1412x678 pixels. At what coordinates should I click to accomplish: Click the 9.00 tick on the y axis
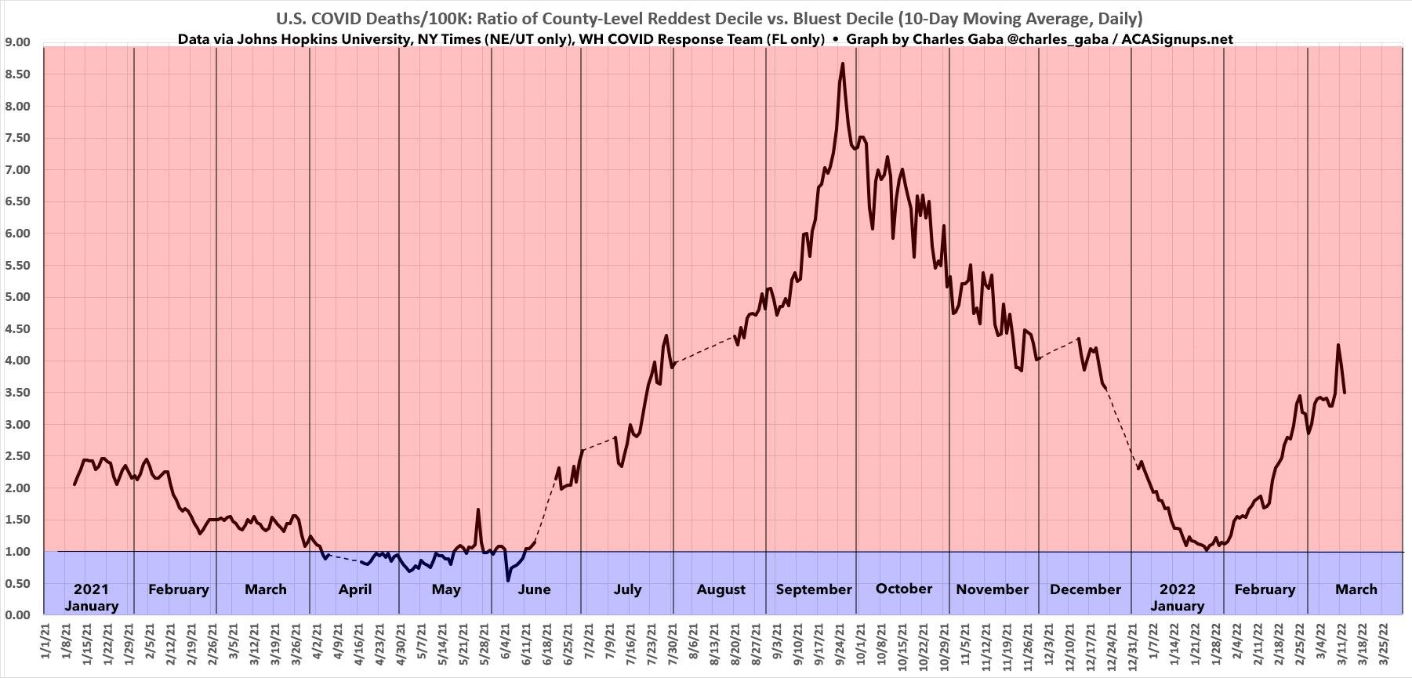(x=16, y=42)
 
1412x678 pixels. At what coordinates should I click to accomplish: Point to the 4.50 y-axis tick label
(x=16, y=329)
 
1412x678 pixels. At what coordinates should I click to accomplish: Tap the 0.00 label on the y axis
(x=16, y=615)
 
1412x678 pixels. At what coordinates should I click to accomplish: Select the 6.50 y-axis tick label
(x=16, y=201)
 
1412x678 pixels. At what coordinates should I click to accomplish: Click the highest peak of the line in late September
(x=842, y=63)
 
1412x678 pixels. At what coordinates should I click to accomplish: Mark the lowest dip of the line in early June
(x=507, y=580)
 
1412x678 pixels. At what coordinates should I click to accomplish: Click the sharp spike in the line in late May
(x=478, y=509)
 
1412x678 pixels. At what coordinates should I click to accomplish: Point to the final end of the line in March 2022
(x=1345, y=393)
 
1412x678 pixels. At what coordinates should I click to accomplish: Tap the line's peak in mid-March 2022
(x=1338, y=345)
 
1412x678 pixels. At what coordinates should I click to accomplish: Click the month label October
(x=904, y=589)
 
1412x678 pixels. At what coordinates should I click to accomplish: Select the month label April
(x=354, y=589)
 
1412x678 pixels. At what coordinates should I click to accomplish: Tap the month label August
(x=721, y=589)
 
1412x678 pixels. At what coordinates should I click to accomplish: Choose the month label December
(x=1085, y=589)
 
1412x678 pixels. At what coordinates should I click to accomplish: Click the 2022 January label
(x=1177, y=597)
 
